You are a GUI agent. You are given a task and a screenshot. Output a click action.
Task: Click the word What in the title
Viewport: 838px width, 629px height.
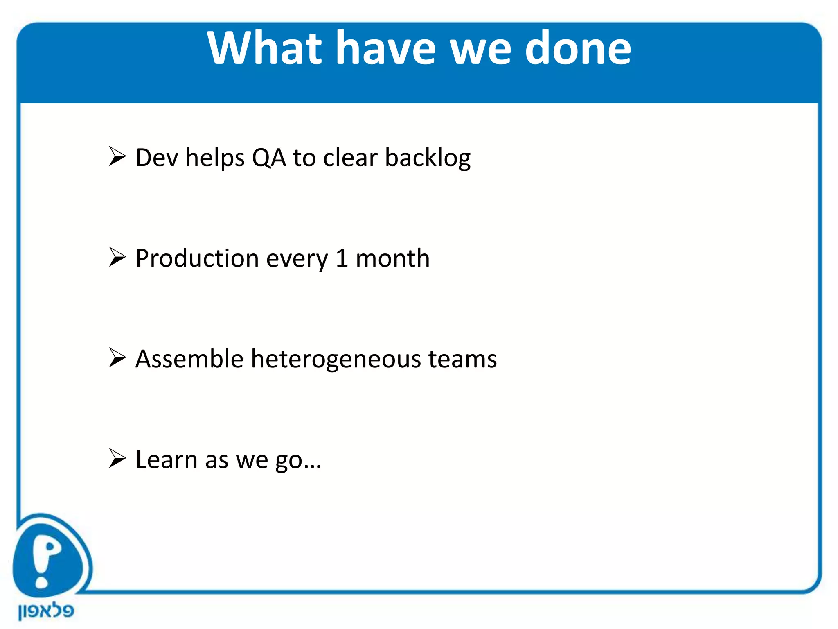(x=264, y=48)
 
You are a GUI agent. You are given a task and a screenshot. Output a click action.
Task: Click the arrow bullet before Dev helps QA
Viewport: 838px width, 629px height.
(x=117, y=157)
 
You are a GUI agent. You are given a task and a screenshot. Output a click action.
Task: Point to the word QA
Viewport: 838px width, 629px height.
(x=269, y=158)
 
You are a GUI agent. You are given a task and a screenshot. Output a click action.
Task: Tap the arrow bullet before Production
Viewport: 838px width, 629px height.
(x=117, y=258)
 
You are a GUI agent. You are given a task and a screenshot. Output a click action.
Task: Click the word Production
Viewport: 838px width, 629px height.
(x=197, y=258)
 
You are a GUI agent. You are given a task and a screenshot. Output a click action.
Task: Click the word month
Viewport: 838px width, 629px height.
(x=392, y=258)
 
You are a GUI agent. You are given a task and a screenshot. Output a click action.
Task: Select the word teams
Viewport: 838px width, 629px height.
(x=462, y=359)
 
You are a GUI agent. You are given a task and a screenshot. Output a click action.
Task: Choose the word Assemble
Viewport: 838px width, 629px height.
(x=189, y=359)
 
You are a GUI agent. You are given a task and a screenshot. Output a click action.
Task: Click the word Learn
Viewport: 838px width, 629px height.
(x=167, y=459)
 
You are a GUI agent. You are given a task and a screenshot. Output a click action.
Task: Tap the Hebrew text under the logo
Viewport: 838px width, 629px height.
(x=46, y=611)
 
